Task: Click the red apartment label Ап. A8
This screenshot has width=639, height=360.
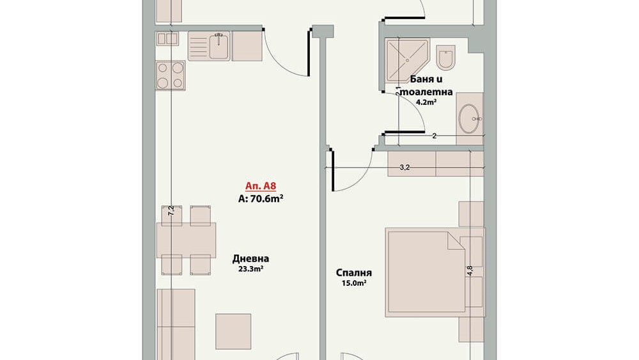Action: point(261,186)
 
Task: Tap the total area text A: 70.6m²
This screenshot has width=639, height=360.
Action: point(261,199)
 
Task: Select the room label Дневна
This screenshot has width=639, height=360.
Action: point(250,258)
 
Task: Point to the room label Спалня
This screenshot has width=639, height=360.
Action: point(354,273)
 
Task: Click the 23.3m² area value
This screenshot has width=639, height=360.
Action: point(250,269)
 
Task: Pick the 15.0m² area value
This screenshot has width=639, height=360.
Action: point(354,283)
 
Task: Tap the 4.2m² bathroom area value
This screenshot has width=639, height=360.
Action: point(426,102)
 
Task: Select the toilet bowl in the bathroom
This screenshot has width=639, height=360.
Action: point(445,57)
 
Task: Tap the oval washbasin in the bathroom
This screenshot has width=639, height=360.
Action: point(469,119)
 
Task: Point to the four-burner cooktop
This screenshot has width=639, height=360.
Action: point(171,75)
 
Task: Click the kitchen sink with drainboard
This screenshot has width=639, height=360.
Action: point(209,46)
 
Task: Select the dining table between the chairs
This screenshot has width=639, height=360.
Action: point(186,240)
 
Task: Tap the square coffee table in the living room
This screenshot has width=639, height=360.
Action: point(233,331)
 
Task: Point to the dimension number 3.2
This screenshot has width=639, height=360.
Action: point(404,167)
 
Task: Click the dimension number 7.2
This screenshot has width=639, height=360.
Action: point(171,210)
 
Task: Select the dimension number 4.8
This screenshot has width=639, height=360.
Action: point(470,270)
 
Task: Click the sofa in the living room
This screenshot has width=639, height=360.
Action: point(176,325)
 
